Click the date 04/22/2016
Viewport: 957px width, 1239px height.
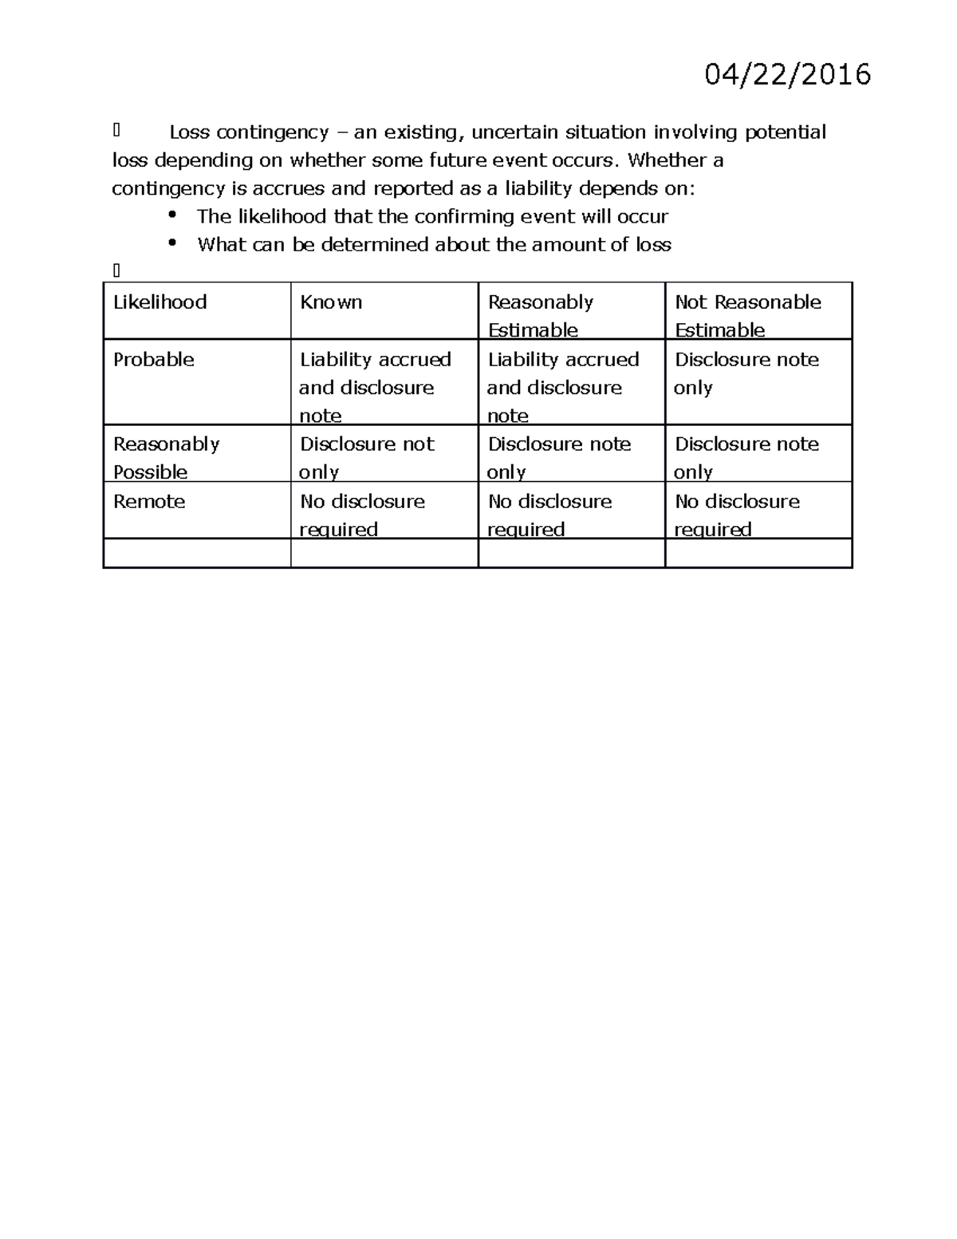coord(787,75)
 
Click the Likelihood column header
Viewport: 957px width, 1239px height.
coord(159,302)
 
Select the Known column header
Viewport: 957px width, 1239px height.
coord(331,302)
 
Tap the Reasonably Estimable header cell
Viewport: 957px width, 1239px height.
coord(541,315)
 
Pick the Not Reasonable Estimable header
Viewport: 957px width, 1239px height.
coord(747,315)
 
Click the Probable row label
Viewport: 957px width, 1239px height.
coord(153,360)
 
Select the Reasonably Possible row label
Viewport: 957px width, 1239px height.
coord(166,457)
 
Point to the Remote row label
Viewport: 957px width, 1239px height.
coord(149,502)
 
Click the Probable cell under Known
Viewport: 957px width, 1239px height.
coord(375,387)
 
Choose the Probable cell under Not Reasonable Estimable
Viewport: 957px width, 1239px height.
coord(746,373)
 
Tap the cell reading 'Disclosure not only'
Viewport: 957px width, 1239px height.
coord(367,457)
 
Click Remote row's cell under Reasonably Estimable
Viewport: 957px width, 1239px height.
coord(549,515)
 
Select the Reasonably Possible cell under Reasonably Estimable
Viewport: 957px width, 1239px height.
coord(559,457)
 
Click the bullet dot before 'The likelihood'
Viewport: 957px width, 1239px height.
coord(171,215)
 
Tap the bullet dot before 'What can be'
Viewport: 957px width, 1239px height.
coord(171,243)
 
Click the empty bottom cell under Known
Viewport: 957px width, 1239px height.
coord(384,553)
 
